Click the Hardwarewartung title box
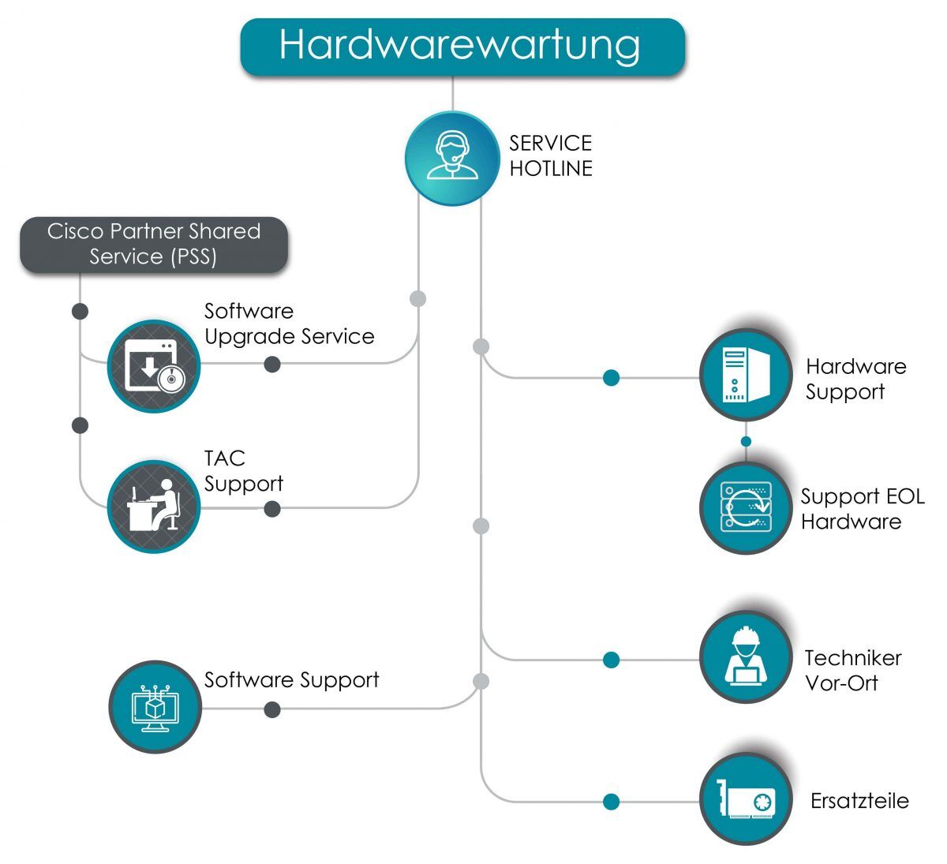point(462,47)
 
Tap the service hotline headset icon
point(451,159)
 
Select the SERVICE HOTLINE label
point(550,155)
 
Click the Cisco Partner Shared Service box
point(154,245)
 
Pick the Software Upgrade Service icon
point(154,366)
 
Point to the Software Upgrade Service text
point(289,324)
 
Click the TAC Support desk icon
point(154,507)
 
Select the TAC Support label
point(243,471)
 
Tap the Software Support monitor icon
point(155,707)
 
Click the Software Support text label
point(291,680)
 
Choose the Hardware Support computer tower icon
point(745,375)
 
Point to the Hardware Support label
point(855,379)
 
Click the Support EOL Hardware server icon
point(745,507)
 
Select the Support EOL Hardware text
point(861,509)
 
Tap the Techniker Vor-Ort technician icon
point(745,656)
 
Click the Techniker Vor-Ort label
point(852,670)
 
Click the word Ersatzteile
point(859,801)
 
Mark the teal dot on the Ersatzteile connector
point(611,802)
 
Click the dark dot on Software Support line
point(272,709)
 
